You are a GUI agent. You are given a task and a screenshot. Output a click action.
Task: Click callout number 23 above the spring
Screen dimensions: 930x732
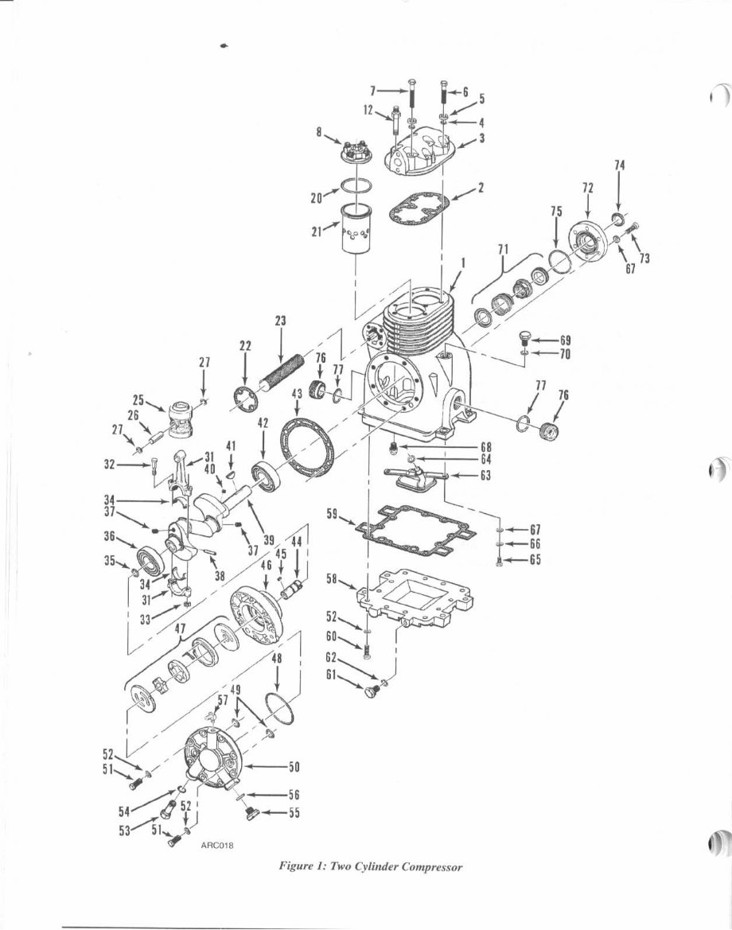[281, 321]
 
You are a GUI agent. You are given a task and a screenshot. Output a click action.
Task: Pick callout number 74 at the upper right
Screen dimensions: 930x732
[620, 165]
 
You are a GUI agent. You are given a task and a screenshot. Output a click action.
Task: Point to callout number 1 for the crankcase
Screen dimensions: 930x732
[464, 261]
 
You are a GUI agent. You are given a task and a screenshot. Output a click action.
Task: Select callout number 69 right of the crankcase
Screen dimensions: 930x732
[566, 339]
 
